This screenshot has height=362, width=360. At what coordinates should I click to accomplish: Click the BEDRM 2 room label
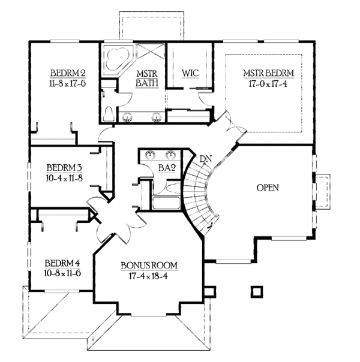click(x=68, y=73)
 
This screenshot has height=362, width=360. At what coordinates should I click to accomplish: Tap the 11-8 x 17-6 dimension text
click(x=67, y=83)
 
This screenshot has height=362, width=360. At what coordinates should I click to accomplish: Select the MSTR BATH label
click(x=147, y=79)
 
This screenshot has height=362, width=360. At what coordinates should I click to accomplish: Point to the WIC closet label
click(x=190, y=73)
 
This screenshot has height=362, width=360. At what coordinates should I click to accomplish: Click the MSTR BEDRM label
click(x=268, y=73)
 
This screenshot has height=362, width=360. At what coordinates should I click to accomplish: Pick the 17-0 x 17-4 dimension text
click(x=268, y=83)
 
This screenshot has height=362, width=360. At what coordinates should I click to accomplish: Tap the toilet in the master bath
click(x=109, y=114)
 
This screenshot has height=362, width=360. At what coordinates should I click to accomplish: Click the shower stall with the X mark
click(x=151, y=52)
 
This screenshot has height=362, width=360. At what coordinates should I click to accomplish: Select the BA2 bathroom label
click(x=167, y=168)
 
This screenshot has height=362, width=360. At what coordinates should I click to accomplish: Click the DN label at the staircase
click(x=206, y=159)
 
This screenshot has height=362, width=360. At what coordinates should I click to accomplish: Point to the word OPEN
click(x=268, y=188)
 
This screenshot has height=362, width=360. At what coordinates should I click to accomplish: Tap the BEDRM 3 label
click(x=64, y=168)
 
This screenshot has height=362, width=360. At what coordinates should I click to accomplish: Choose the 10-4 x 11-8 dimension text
click(x=64, y=178)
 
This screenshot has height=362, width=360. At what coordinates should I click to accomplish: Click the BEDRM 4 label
click(x=62, y=263)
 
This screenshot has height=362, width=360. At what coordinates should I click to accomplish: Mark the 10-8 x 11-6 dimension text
click(x=62, y=273)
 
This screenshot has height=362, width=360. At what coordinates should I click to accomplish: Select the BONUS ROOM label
click(x=149, y=266)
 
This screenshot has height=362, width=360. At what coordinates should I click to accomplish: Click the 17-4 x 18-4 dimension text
click(x=148, y=276)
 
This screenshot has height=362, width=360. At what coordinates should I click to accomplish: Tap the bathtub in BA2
click(x=166, y=203)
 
